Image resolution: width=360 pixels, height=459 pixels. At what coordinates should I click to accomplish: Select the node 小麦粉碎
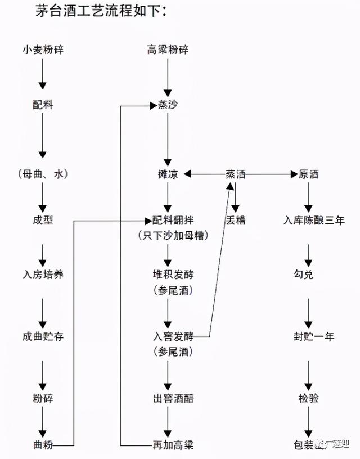tap(43, 49)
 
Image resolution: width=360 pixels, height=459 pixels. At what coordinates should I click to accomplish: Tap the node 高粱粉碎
tap(167, 49)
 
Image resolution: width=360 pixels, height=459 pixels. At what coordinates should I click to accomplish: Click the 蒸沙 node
tap(167, 105)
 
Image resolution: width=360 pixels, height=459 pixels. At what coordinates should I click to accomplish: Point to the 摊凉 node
tap(167, 175)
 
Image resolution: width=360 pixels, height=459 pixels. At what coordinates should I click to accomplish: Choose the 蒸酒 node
tap(235, 175)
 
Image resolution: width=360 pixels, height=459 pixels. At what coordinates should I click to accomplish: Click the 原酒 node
tap(308, 175)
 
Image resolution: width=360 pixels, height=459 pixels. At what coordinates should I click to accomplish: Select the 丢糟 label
tap(235, 220)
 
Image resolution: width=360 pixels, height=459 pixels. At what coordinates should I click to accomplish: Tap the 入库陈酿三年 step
tap(313, 220)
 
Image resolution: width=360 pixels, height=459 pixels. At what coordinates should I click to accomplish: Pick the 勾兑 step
tap(308, 276)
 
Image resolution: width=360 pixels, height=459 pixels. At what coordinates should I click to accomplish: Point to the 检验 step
tap(308, 398)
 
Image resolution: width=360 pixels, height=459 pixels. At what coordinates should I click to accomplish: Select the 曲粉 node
tap(43, 445)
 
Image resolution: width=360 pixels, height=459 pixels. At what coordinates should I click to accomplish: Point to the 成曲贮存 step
tap(43, 336)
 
